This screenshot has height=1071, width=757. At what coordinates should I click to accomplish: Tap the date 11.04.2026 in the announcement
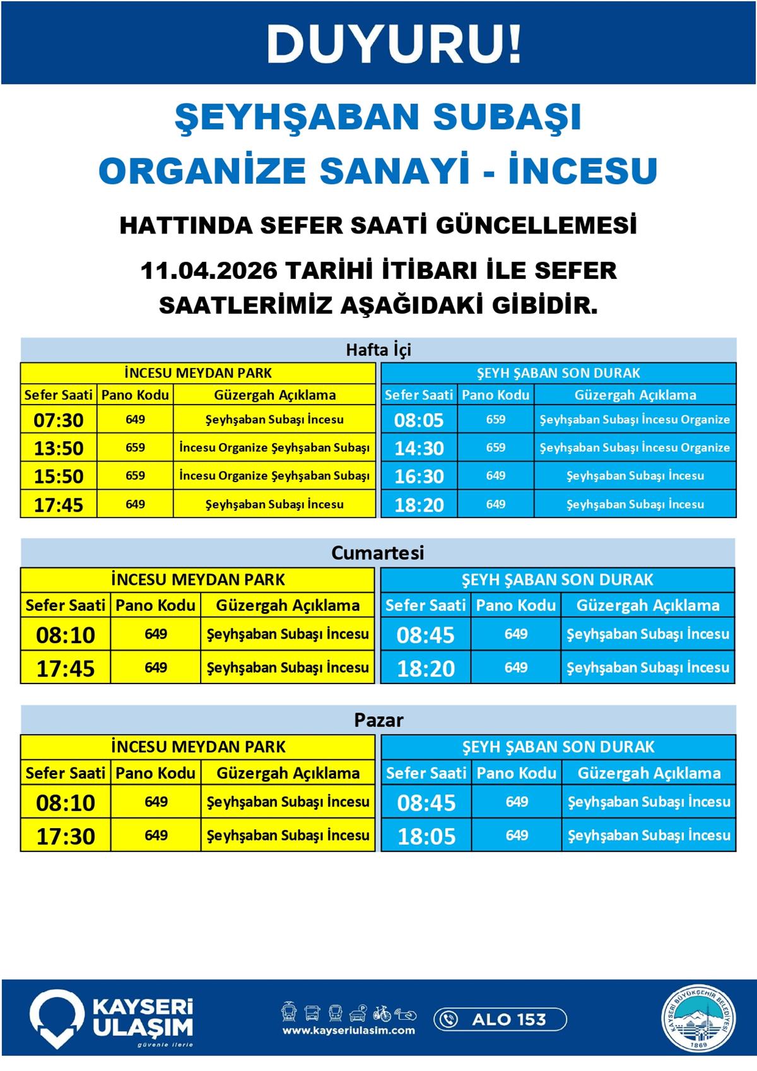click(208, 271)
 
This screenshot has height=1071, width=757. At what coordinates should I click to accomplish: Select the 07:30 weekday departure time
click(59, 420)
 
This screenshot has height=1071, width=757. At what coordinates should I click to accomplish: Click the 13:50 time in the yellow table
click(59, 448)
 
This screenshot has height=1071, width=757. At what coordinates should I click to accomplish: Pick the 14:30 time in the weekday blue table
click(419, 448)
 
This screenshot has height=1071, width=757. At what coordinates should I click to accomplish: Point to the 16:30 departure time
click(419, 476)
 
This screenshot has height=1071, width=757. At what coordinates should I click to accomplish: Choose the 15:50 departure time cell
click(59, 476)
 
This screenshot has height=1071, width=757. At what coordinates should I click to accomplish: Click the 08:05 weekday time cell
click(419, 420)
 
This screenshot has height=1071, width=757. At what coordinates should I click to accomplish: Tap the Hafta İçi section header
click(378, 350)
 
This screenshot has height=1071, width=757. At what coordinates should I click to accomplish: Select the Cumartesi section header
click(378, 553)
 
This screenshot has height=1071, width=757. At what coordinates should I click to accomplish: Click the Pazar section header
click(378, 720)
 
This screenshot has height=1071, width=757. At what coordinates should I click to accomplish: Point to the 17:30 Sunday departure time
click(66, 836)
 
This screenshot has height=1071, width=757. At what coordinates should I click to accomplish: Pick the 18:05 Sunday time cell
click(426, 836)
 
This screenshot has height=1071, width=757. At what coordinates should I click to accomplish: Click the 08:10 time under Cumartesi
click(66, 635)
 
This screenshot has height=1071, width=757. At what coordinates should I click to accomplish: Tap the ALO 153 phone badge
click(500, 1019)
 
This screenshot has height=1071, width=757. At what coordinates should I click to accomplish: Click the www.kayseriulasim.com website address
click(349, 1031)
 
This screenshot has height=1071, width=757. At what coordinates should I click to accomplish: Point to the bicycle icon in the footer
click(382, 1014)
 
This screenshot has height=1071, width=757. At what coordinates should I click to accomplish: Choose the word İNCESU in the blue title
click(583, 170)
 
